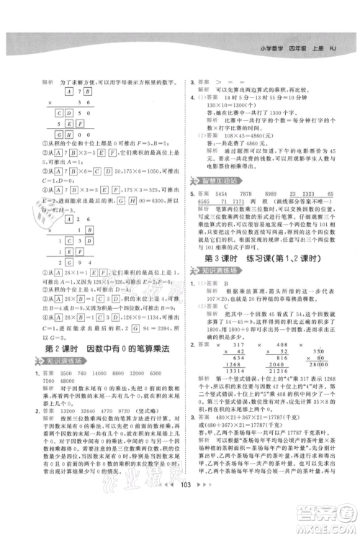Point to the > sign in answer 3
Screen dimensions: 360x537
click(x=220, y=83)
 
